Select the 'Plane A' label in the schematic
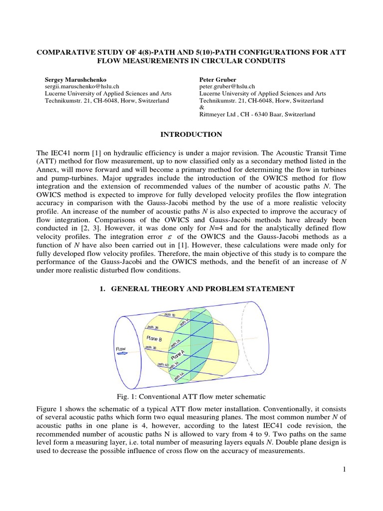[x=178, y=355]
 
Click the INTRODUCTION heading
[x=191, y=135]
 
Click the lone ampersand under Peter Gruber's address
[x=201, y=107]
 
